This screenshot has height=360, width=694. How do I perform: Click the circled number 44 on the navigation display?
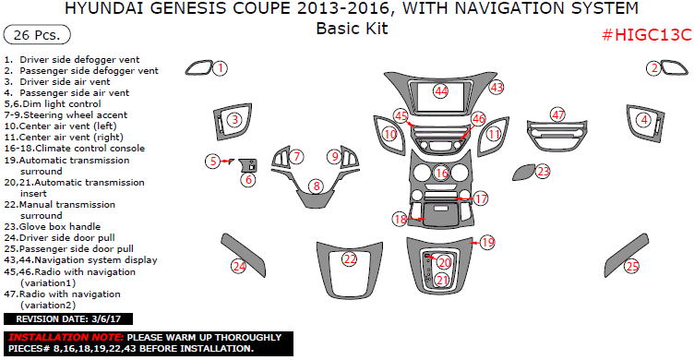point(441,90)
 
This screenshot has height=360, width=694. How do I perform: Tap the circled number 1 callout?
point(220,67)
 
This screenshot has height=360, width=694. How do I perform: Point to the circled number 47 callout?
point(557,114)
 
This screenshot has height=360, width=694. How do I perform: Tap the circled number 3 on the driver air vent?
point(235,120)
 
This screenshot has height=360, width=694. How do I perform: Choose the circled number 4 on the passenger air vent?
point(642,119)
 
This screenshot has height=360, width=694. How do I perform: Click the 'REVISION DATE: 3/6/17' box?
point(64,318)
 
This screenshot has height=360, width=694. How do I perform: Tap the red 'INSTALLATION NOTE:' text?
point(65,338)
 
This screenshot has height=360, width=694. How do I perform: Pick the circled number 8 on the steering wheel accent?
point(317,186)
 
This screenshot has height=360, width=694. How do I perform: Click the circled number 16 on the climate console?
point(441,173)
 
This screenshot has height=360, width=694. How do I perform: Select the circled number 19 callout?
point(487,242)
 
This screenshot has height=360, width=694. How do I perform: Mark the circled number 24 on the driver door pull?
point(239,267)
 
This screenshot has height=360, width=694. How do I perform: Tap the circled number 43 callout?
point(497,87)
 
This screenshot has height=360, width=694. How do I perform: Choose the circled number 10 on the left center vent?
point(390,135)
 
